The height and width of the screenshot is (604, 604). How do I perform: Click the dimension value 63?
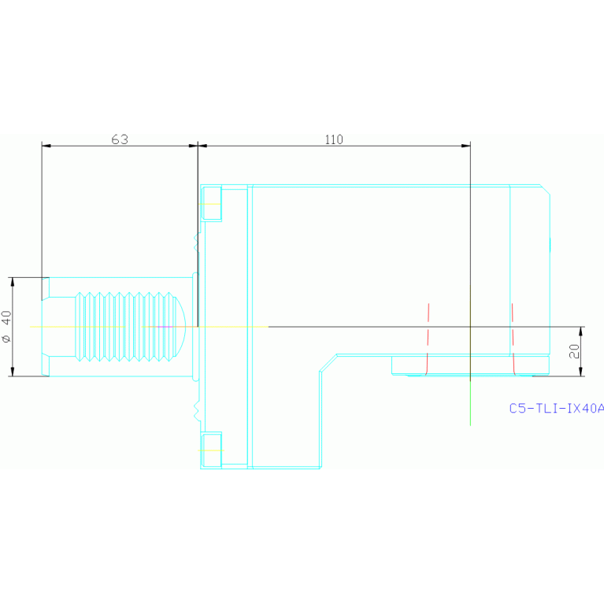click(x=120, y=139)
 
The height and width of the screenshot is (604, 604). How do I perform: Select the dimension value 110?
click(x=334, y=139)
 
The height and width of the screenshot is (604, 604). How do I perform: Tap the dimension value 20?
click(x=574, y=351)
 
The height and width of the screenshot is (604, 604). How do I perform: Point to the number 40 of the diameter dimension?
click(x=7, y=318)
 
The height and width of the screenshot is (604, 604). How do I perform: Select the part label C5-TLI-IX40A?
click(x=556, y=408)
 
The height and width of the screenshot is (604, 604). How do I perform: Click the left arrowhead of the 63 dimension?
click(x=46, y=146)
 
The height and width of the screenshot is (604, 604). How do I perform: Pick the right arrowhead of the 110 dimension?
click(x=465, y=146)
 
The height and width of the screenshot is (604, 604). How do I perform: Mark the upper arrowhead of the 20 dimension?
click(x=582, y=330)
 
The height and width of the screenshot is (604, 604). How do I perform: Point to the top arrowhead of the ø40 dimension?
click(x=13, y=281)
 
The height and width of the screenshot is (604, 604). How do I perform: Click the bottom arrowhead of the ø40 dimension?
click(x=13, y=372)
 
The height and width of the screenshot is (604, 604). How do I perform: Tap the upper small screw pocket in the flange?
click(x=212, y=203)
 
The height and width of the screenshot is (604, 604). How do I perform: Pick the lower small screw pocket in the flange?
click(x=212, y=449)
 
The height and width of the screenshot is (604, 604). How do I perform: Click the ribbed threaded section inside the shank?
click(x=126, y=326)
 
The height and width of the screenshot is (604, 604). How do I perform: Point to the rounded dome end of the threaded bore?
click(x=181, y=326)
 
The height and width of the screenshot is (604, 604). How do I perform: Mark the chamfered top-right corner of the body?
click(x=545, y=190)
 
